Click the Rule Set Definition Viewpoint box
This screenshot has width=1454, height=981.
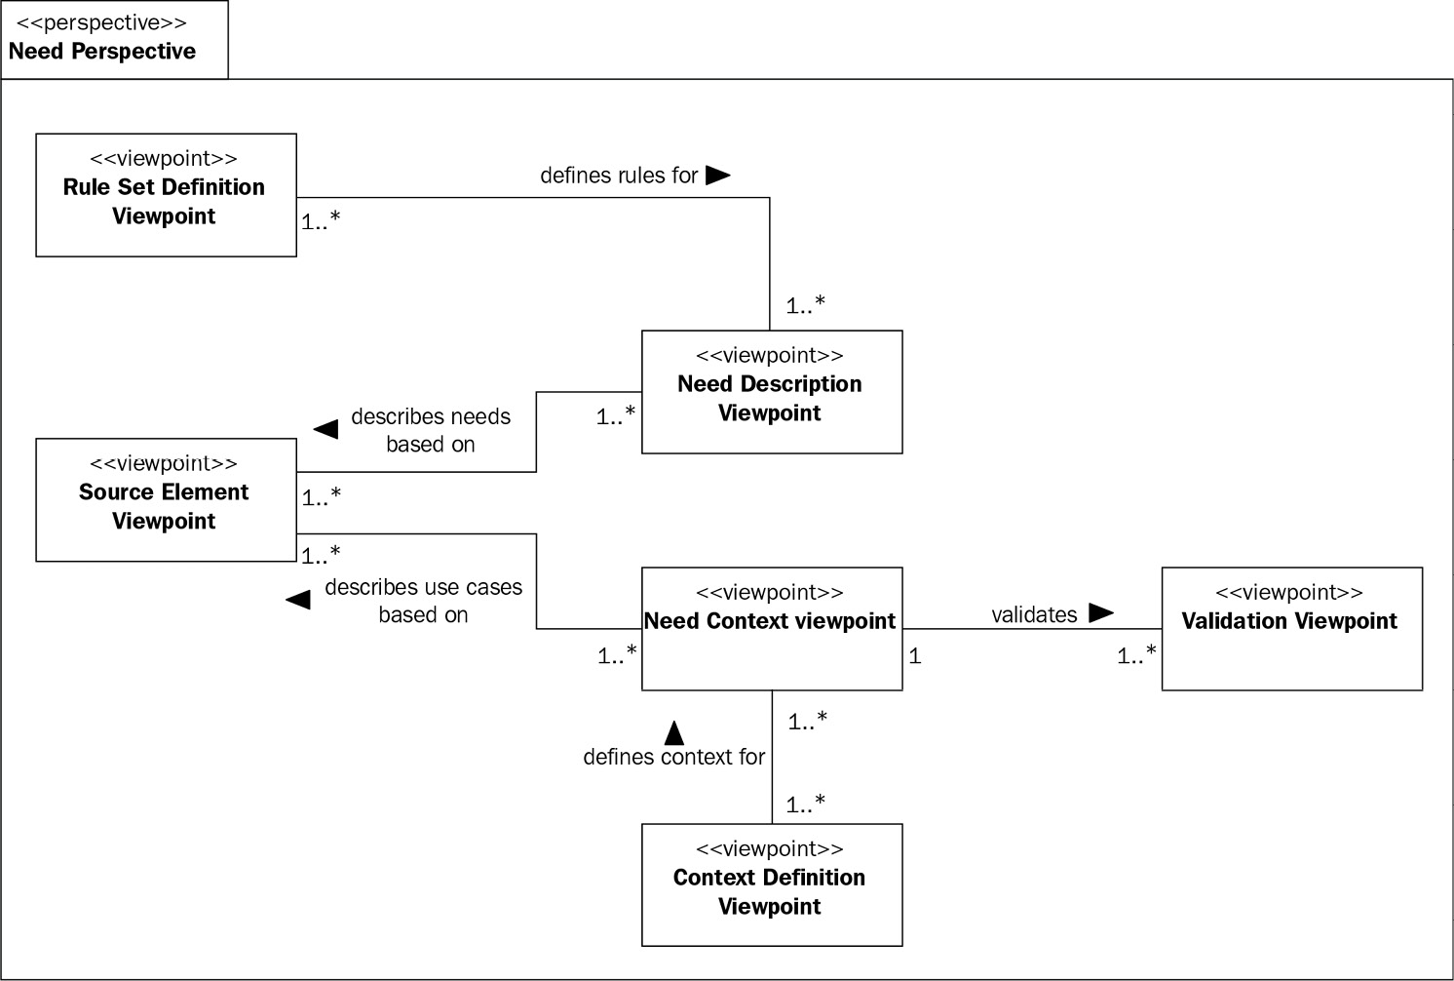(166, 195)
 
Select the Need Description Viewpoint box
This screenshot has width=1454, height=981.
(771, 392)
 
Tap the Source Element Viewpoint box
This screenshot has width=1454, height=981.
(166, 500)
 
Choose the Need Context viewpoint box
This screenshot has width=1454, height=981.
(771, 629)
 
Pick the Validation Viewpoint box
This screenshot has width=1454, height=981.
(1291, 629)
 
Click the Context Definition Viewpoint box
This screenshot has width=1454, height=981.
(771, 884)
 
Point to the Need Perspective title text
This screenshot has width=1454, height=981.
(102, 51)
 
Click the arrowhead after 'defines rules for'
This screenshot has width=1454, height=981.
(717, 176)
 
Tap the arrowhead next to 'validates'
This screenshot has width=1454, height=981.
(1100, 613)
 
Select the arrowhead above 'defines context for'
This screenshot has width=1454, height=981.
(673, 732)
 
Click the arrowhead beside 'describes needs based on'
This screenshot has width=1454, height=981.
(325, 429)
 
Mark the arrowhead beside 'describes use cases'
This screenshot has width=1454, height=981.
(298, 599)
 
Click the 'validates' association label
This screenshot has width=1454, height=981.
(1034, 614)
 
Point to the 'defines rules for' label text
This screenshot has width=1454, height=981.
(619, 176)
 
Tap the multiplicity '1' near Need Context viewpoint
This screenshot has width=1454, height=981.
(914, 656)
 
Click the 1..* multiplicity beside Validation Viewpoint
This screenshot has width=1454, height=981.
(1136, 656)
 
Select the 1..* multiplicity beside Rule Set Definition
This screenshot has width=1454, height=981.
(321, 221)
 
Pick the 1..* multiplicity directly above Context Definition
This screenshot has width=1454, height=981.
(806, 804)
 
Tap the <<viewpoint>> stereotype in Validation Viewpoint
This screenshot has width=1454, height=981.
(1288, 592)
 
